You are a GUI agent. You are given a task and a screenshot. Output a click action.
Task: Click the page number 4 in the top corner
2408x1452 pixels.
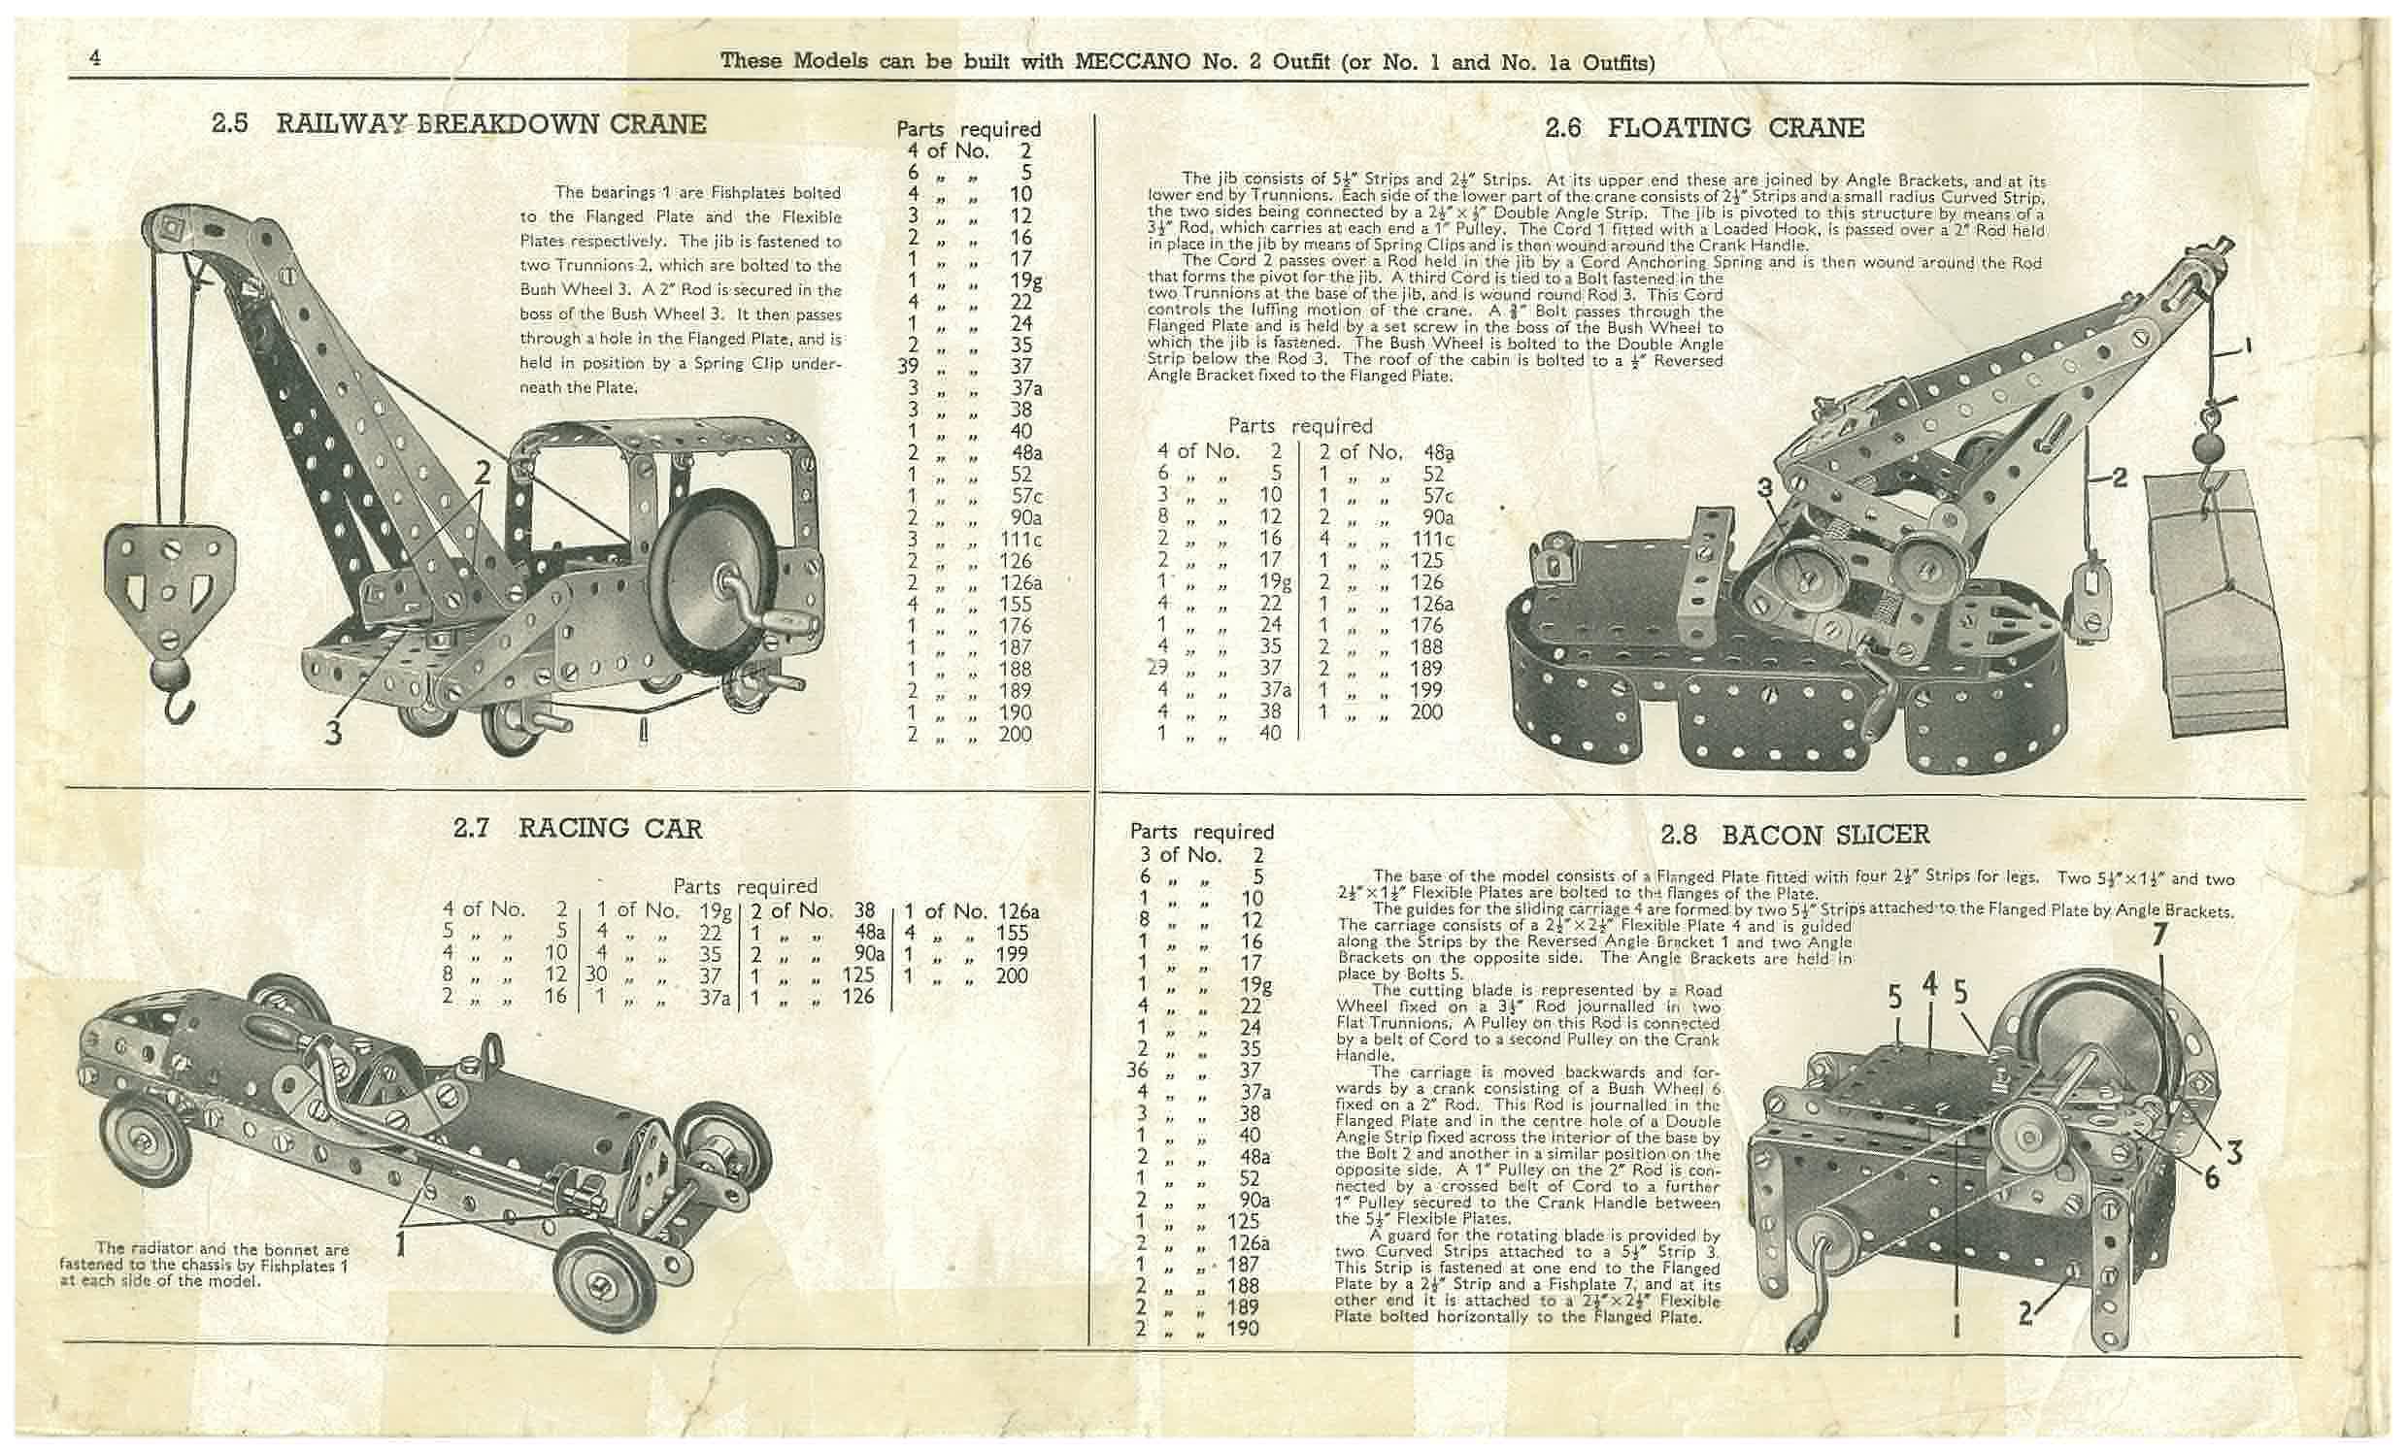(95, 57)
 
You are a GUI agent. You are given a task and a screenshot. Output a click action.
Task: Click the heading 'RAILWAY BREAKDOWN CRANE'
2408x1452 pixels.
(490, 125)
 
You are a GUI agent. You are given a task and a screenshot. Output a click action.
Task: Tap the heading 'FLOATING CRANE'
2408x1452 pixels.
(1736, 128)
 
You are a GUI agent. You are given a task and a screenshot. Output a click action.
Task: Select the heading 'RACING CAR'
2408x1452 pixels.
(610, 829)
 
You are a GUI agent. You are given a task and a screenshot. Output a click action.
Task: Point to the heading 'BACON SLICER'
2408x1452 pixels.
(1824, 835)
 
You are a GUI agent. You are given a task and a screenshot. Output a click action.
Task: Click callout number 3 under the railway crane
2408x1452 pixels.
(333, 732)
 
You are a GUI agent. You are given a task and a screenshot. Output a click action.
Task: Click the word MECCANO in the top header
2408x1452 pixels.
(1133, 61)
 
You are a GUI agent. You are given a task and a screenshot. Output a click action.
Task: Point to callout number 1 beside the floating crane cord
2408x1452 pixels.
(2248, 345)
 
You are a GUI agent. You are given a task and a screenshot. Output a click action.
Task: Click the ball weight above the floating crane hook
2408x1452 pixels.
(2207, 450)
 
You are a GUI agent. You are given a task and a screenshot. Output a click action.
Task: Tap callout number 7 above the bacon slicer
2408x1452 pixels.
(2159, 936)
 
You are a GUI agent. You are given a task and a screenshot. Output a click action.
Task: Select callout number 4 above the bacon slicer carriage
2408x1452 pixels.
(1929, 986)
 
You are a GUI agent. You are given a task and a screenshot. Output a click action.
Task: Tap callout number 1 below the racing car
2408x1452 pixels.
(400, 1245)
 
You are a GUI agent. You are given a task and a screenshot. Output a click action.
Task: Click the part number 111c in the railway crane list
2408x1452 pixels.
(1021, 540)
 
